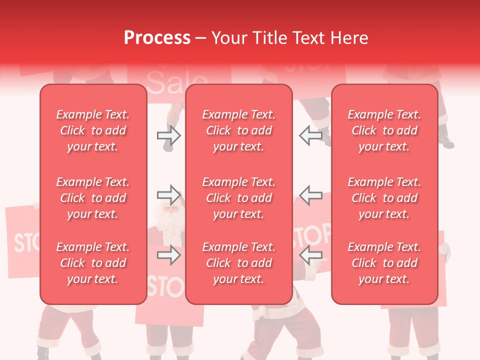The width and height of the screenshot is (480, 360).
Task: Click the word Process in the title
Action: [157, 38]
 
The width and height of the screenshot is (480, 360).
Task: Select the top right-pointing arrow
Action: [168, 135]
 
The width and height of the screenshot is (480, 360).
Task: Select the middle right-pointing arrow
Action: [168, 194]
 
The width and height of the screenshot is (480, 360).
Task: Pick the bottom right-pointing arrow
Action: [168, 255]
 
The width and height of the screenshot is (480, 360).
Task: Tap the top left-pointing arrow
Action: [310, 135]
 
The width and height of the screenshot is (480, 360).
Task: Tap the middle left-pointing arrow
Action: [310, 194]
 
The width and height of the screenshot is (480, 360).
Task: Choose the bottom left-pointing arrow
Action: [310, 255]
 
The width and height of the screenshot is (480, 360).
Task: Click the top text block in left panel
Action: [93, 130]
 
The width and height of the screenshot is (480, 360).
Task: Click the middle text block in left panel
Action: [93, 198]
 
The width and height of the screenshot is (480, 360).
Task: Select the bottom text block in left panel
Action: [93, 263]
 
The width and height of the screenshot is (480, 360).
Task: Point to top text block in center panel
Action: [238, 130]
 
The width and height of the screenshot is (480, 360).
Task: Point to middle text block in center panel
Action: [238, 198]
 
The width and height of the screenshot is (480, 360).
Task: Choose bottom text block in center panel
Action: [238, 263]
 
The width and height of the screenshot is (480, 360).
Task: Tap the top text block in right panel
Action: [384, 130]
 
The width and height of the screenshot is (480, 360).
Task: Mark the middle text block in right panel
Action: [384, 198]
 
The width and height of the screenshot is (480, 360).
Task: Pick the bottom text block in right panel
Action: [384, 263]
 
